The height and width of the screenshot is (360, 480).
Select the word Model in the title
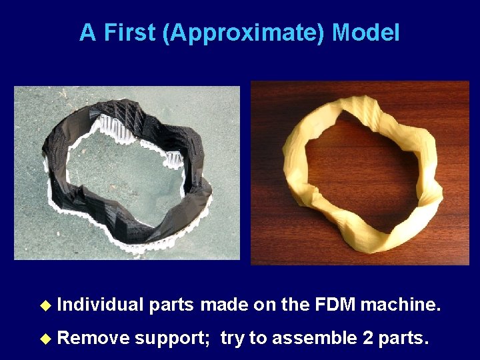pos(365,33)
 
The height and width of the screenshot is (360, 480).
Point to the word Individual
pos(101,305)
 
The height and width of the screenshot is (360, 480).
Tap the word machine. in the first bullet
pos(401,305)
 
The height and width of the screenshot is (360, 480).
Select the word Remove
pos(93,338)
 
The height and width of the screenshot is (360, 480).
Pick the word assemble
pos(315,338)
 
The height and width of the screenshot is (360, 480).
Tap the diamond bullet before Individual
pos(45,306)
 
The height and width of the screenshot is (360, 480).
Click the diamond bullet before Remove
pos(45,339)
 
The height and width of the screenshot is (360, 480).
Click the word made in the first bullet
pos(224,305)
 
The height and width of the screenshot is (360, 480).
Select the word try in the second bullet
pos(233,339)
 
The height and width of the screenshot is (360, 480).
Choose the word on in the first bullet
pos(265,305)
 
